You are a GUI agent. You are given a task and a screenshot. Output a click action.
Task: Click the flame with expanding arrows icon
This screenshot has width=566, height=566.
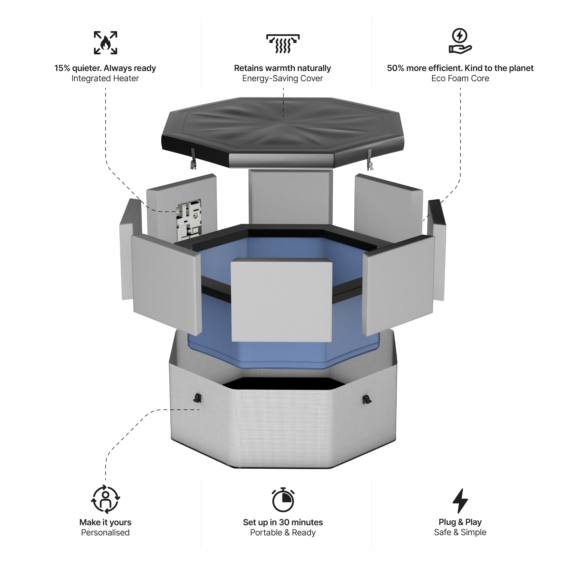point(106,43)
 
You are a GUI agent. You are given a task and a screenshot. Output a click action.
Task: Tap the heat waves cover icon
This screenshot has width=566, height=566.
point(283,44)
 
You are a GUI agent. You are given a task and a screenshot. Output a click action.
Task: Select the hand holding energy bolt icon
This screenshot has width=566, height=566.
point(460,41)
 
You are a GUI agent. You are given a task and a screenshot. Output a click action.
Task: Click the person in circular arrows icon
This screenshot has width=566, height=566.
point(106,499)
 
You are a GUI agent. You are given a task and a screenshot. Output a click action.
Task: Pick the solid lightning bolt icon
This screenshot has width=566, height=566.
point(460,501)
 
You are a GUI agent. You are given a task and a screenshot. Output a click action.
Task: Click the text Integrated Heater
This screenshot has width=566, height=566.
point(105,78)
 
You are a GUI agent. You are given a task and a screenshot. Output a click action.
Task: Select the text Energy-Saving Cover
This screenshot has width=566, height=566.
point(282,78)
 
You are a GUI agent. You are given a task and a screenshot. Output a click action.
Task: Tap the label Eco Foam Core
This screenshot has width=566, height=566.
point(460,78)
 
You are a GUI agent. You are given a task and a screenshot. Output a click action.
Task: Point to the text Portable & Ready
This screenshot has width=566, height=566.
point(283,533)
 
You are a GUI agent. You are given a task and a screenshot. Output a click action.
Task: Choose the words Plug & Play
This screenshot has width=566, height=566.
point(460,522)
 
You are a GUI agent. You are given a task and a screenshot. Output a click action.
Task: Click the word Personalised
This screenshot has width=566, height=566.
point(105,533)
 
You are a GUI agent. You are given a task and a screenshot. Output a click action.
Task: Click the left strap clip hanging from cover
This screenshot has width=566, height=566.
point(193,160)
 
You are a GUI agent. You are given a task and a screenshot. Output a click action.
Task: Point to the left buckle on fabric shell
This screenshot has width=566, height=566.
point(198,398)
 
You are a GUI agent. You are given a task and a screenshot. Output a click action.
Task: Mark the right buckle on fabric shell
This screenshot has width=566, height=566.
point(366,399)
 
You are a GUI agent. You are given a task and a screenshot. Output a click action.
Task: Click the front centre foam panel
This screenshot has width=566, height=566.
point(282,300)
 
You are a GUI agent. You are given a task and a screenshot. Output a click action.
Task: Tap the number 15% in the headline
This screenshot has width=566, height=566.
point(62,68)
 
